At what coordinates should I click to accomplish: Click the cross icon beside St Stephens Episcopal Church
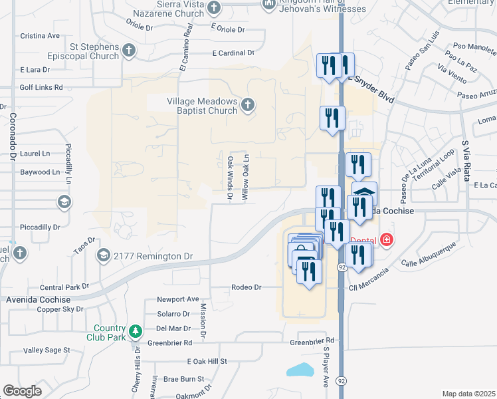[129, 51]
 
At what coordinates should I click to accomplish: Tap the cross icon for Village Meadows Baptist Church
[248, 104]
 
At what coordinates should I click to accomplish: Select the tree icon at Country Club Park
[136, 331]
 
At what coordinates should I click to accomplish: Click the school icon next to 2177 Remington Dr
[103, 255]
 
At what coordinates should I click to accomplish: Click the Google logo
[23, 391]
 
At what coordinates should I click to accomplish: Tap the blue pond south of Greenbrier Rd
[300, 370]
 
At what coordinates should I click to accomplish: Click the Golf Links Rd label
[41, 87]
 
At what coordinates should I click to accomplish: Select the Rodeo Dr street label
[247, 287]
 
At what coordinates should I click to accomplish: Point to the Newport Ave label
[178, 299]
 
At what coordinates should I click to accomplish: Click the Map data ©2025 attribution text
[469, 394]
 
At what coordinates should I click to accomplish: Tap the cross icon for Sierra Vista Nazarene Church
[213, 7]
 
